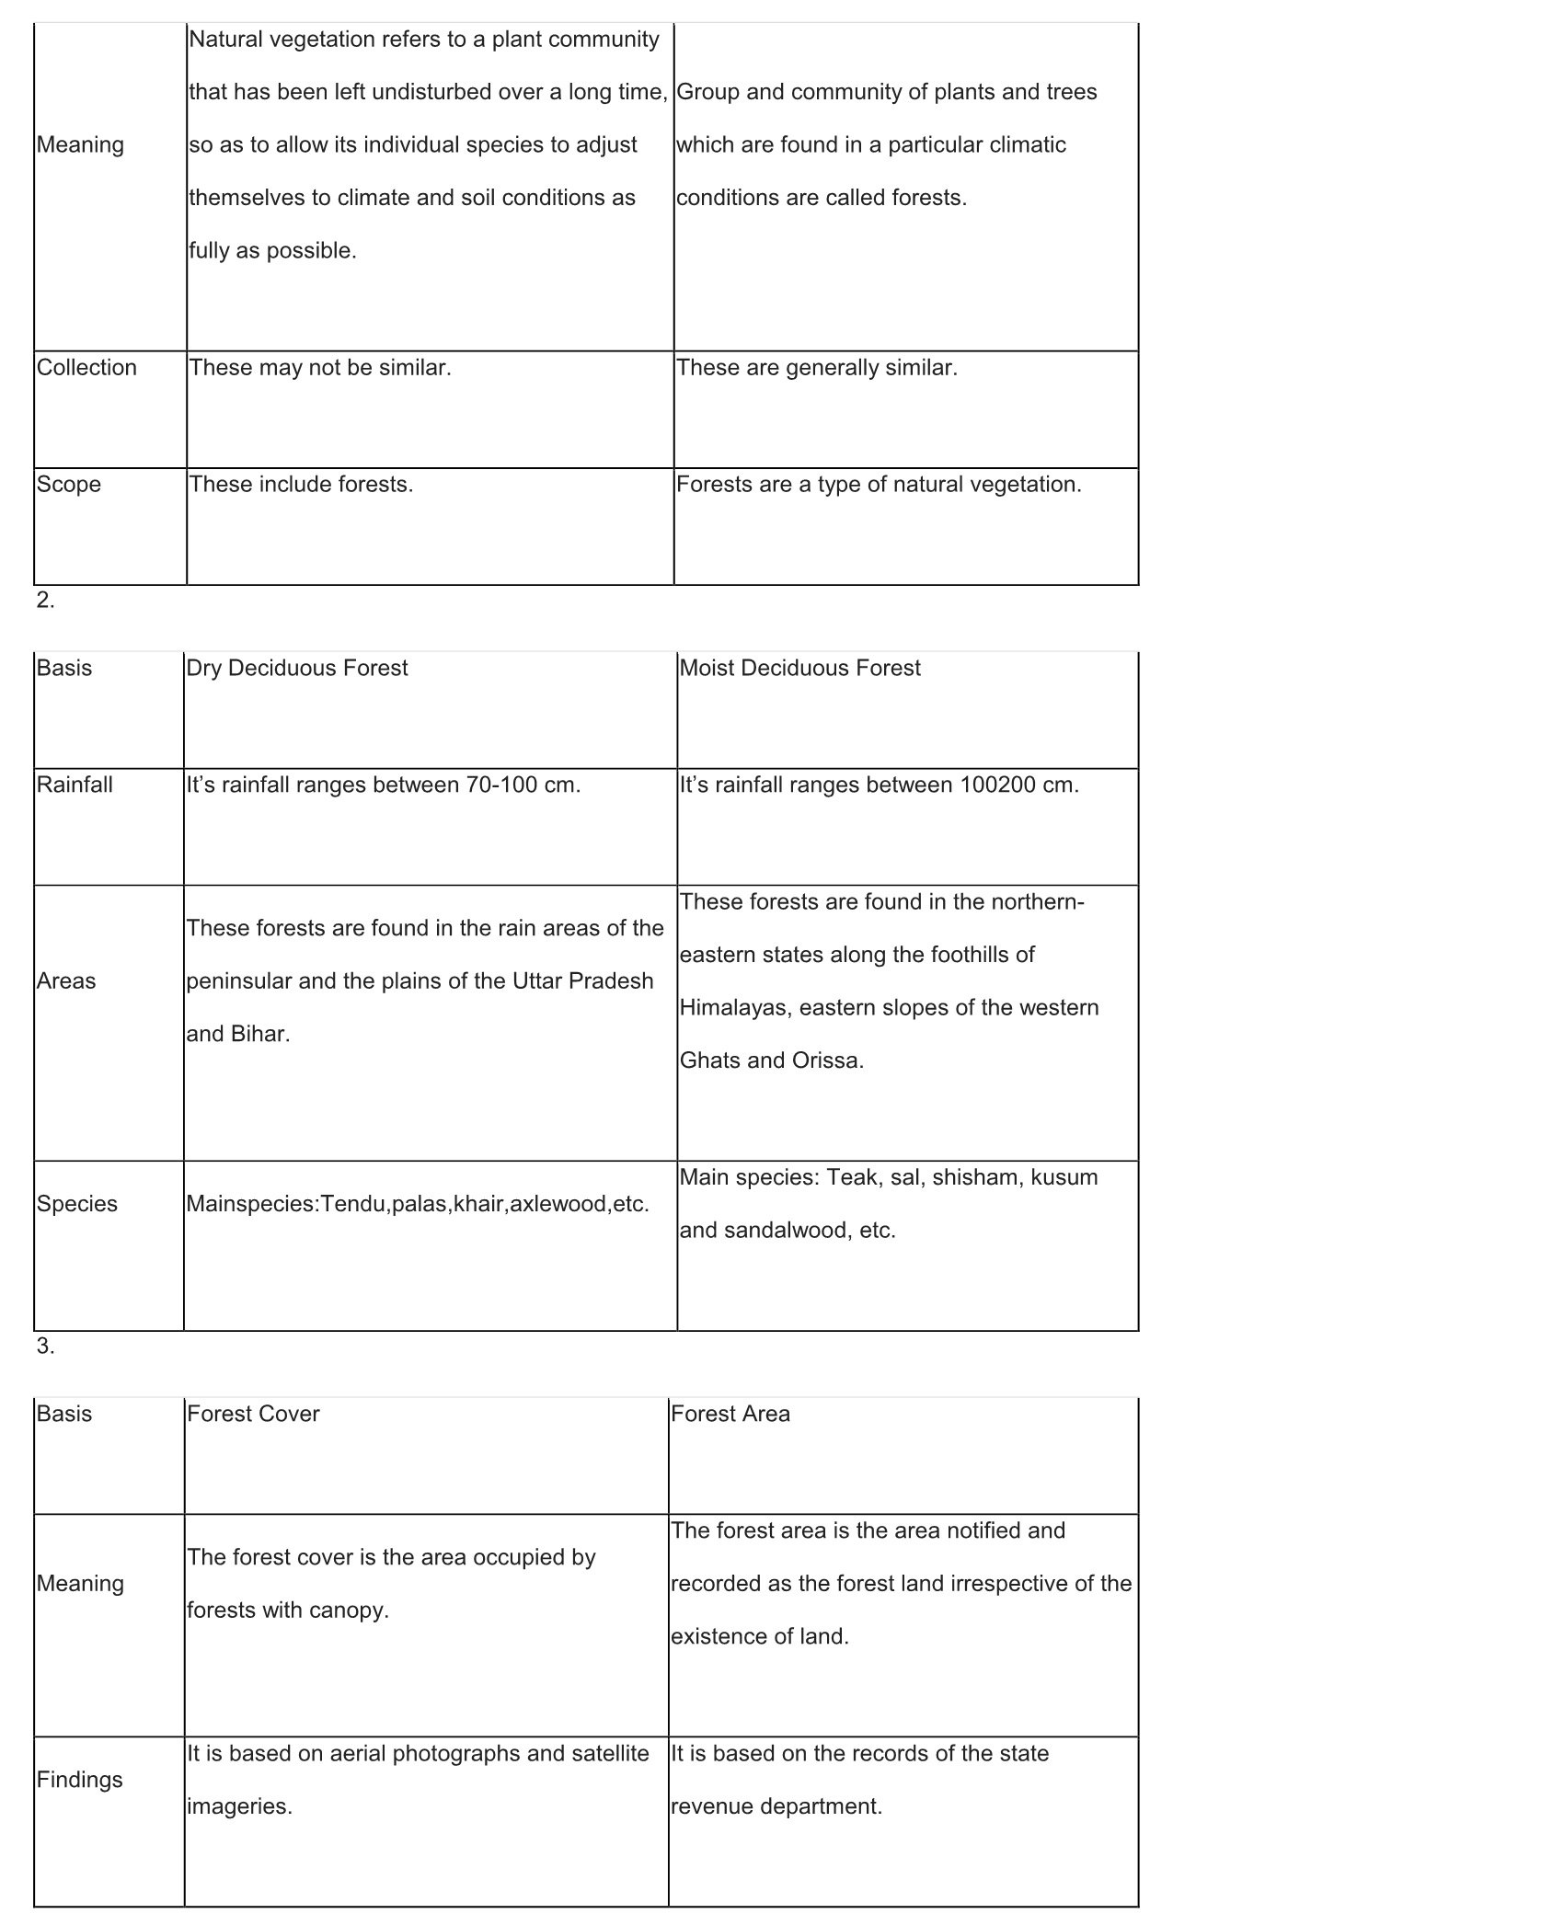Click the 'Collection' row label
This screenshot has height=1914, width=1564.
point(86,368)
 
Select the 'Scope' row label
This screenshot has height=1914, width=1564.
point(69,485)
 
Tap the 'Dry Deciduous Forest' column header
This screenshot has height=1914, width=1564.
point(296,668)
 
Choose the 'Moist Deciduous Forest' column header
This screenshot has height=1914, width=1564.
point(799,668)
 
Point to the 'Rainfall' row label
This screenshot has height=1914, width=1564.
point(75,785)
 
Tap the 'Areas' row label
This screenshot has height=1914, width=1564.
point(66,980)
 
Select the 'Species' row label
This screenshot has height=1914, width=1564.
point(77,1204)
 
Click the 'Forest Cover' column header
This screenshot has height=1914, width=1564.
point(253,1414)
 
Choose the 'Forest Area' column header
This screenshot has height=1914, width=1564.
point(730,1414)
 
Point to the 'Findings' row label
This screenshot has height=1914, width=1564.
point(80,1780)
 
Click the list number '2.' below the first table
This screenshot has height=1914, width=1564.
point(46,600)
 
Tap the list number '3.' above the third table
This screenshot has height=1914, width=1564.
point(46,1346)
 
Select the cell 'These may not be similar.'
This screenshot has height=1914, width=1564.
point(320,368)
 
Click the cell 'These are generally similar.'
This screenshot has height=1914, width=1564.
point(817,368)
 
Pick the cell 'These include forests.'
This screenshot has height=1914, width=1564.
point(301,485)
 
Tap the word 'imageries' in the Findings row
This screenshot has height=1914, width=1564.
point(236,1806)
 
